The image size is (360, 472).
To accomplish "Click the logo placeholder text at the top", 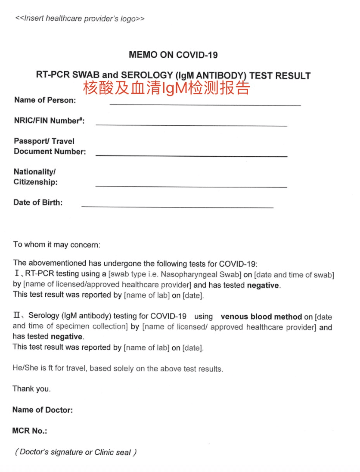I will coord(80,19).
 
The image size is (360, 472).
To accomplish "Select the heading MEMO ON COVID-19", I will coord(173,55).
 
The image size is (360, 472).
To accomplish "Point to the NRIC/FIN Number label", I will coord(49,121).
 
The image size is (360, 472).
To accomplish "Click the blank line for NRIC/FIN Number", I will coord(191,125).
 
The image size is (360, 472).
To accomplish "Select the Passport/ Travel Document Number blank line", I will coord(191,155).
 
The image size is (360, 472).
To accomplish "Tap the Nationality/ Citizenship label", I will coord(35,177).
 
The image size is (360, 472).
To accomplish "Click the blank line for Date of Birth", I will coord(177,207).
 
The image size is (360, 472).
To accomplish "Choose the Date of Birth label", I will coord(38,202).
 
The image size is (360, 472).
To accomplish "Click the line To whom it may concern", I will coord(56,245).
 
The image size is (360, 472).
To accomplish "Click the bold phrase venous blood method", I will coord(261,317).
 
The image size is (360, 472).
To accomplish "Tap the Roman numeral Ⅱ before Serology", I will coord(17,316).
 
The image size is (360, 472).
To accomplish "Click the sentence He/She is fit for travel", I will coord(118,369).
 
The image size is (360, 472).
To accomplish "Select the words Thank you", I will coord(31,389).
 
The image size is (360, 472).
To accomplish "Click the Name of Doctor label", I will coord(43,410).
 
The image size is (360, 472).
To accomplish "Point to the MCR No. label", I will coord(30,431).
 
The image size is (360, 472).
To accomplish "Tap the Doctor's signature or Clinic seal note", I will coord(76,452).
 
